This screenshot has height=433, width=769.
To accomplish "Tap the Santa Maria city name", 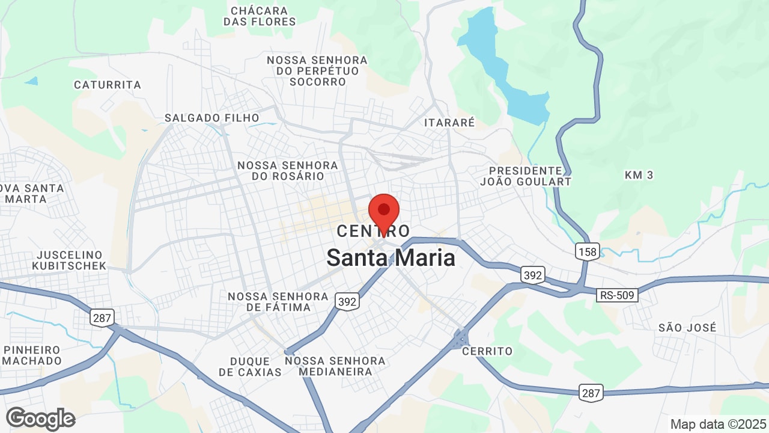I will pyautogui.click(x=391, y=258).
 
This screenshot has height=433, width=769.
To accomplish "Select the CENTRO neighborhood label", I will pyautogui.click(x=373, y=231).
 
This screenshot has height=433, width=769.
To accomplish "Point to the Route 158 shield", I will pyautogui.click(x=586, y=251).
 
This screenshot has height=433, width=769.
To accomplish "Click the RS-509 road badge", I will pyautogui.click(x=617, y=295).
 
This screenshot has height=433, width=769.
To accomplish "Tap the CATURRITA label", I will pyautogui.click(x=108, y=85).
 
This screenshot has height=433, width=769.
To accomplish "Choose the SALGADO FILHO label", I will pyautogui.click(x=212, y=118).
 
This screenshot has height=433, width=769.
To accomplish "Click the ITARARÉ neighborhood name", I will pyautogui.click(x=449, y=123).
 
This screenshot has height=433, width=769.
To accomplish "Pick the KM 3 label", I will pyautogui.click(x=639, y=175).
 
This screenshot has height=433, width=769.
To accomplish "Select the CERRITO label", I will pyautogui.click(x=487, y=351).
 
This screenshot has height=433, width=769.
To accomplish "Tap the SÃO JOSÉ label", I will pyautogui.click(x=687, y=328).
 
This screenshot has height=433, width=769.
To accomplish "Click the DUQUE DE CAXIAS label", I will pyautogui.click(x=250, y=366).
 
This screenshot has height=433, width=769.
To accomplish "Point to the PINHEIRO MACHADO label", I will pyautogui.click(x=32, y=355).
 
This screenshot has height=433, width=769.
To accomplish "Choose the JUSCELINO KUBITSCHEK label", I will pyautogui.click(x=70, y=260).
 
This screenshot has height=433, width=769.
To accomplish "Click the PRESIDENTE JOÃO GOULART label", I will pyautogui.click(x=526, y=176).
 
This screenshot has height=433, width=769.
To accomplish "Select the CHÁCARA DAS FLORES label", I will pyautogui.click(x=260, y=16).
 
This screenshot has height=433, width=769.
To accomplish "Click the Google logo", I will pyautogui.click(x=41, y=419).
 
